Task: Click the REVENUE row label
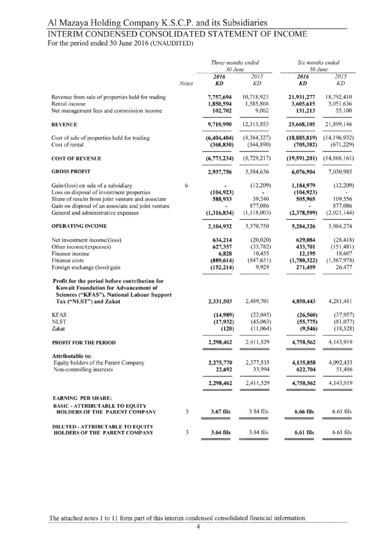click(x=64, y=125)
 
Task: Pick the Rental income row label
click(x=68, y=104)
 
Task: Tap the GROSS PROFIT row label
click(x=71, y=172)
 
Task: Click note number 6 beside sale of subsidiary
click(x=186, y=185)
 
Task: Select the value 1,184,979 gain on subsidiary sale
click(x=303, y=185)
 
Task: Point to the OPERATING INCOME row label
click(x=79, y=226)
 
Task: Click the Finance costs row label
click(x=68, y=261)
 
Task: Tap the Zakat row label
click(x=58, y=328)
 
